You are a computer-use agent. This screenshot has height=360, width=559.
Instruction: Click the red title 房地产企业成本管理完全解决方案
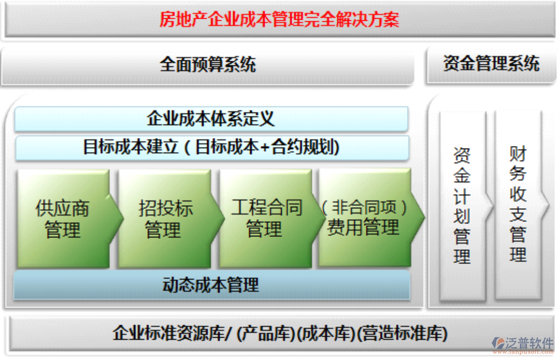[x=279, y=20]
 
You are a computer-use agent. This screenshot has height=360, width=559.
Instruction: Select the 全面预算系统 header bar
[x=208, y=65]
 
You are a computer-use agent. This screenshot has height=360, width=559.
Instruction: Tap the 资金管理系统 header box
[x=490, y=64]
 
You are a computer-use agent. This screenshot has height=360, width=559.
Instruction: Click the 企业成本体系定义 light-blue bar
[x=211, y=119]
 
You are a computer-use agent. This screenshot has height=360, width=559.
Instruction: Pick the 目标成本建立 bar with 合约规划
[x=211, y=148]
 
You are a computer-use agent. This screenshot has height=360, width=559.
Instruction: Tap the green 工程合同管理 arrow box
[x=266, y=218]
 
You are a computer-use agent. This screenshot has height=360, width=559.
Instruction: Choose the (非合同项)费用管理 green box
[x=364, y=218]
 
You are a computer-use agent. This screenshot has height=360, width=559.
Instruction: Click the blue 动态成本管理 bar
[x=211, y=285]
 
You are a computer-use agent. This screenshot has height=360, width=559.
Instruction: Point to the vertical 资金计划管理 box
[x=462, y=205]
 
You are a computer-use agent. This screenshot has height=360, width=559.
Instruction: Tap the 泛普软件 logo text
[x=530, y=342]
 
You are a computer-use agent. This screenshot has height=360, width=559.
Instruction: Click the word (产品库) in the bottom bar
[x=266, y=333]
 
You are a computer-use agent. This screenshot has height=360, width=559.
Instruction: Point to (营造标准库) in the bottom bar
[x=402, y=333]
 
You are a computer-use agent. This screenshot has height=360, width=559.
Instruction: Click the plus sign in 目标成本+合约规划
[x=265, y=148]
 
